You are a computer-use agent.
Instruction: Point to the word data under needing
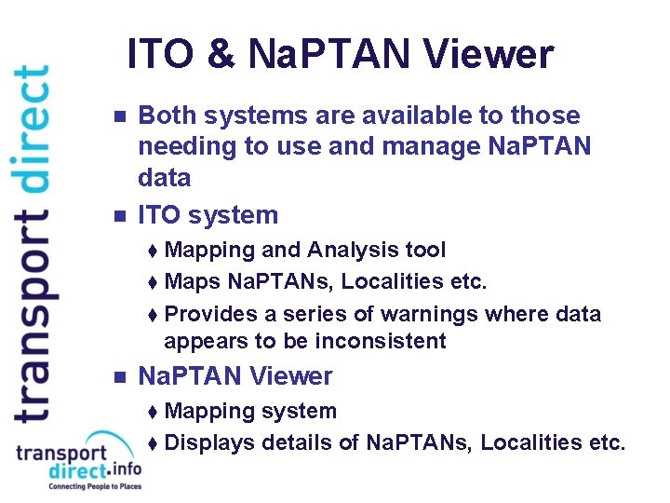(164, 178)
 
